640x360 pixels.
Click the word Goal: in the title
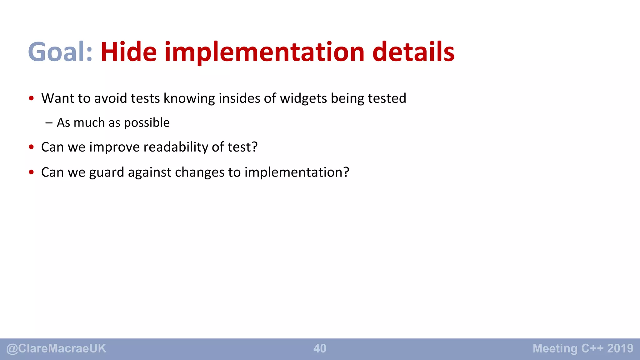pos(60,52)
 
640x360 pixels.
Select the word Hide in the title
pos(128,52)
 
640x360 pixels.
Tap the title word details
pos(413,52)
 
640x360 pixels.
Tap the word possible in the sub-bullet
pos(147,123)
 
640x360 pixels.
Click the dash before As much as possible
pos(49,123)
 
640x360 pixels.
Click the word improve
pos(114,147)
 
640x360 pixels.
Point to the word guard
pos(107,172)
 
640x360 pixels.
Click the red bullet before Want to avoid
pos(31,98)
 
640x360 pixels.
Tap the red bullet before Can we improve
pos(31,147)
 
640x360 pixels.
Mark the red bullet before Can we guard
pos(31,172)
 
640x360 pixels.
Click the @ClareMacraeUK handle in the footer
pos(56,348)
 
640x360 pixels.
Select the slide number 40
pos(320,348)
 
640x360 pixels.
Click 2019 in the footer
pos(620,348)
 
